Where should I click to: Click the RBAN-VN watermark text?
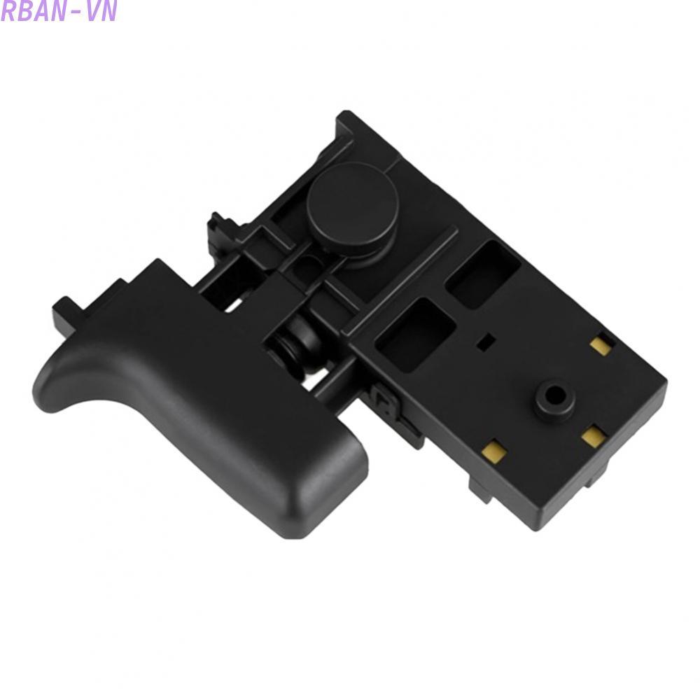59,11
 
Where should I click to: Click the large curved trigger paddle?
201,398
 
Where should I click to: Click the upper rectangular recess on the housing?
483,274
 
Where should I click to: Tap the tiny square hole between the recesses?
486,342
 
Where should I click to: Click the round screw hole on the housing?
556,394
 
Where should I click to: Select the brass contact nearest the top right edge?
601,344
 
